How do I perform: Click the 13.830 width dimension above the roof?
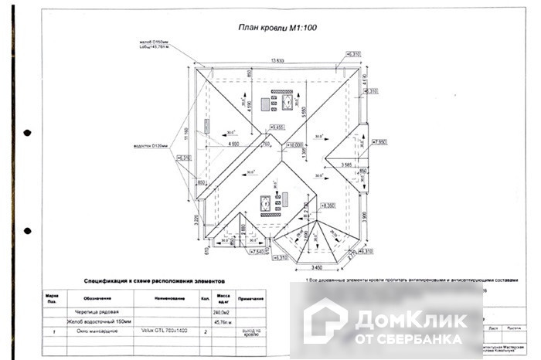coord(276,60)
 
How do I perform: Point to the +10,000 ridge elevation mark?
coord(294,144)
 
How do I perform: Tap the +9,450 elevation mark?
coord(276,127)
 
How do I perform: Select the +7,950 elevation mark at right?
coord(379,141)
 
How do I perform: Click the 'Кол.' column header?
coord(206,297)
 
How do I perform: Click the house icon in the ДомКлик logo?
coord(325,320)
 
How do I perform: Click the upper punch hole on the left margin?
coord(28,132)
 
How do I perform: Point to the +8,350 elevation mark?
coord(328,205)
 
